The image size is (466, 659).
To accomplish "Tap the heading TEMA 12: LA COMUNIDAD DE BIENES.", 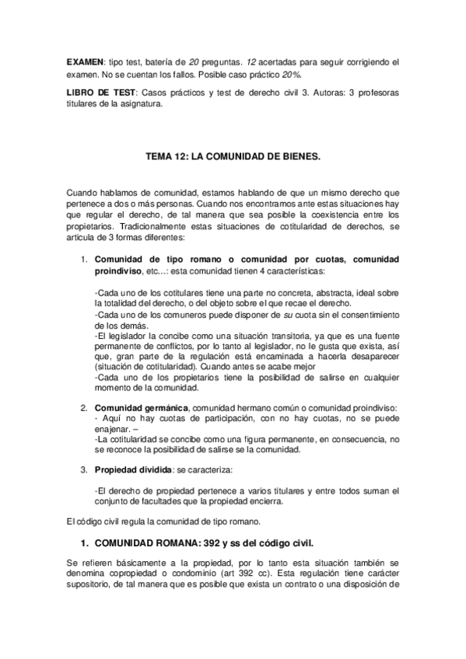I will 233,156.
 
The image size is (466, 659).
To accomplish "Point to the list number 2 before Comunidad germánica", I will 85,408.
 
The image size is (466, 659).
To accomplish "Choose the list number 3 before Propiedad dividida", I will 85,469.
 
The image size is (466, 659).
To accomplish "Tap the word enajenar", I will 112,428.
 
